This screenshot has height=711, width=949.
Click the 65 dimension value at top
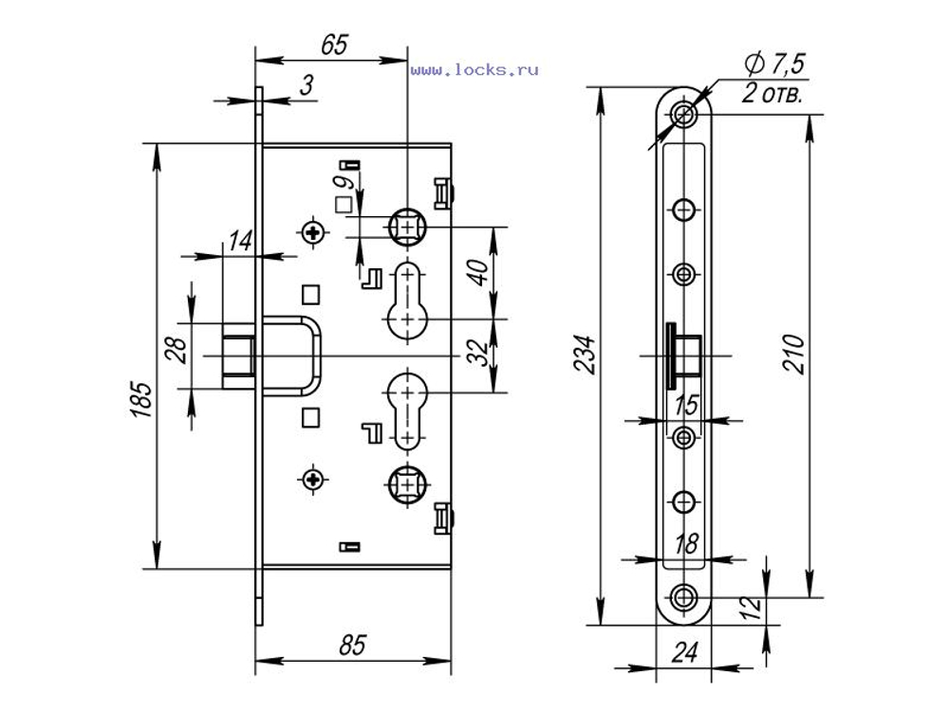coord(335,45)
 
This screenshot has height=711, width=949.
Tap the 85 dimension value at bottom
coord(353,645)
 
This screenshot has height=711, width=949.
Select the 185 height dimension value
coord(141,400)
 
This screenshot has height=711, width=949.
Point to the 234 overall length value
coord(585,354)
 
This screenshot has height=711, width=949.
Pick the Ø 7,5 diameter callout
coord(774,64)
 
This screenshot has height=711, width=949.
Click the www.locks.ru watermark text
coord(474,70)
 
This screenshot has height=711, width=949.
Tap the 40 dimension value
coord(478,273)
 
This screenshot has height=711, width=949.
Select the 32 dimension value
coord(478,353)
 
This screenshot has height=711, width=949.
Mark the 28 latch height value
coord(177,350)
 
